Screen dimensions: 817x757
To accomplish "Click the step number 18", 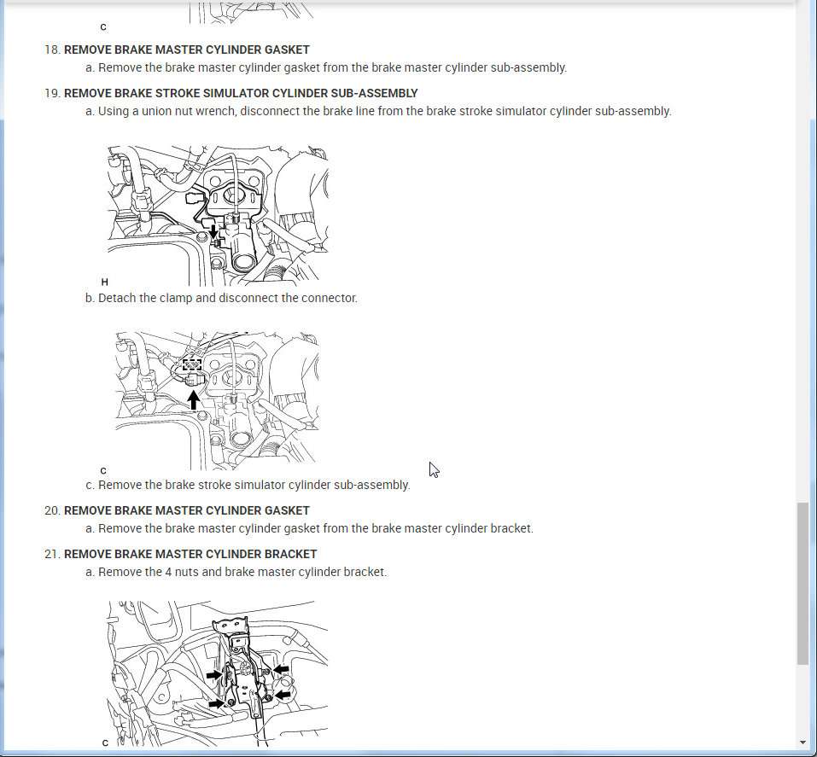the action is (x=52, y=50).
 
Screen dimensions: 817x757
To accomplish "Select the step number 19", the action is (x=52, y=94).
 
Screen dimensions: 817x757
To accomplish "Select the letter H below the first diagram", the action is (x=104, y=282).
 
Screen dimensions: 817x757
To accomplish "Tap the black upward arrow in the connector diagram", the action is (x=193, y=400).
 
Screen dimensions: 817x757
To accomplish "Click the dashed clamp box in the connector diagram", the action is (x=192, y=364).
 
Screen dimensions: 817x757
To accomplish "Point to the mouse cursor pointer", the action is (x=434, y=469).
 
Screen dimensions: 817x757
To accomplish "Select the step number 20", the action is (x=52, y=510).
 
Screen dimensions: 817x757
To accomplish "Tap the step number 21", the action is (x=52, y=555).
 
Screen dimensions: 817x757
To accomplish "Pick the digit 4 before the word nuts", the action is (x=168, y=572).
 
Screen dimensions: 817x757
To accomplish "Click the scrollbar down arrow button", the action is (x=803, y=742).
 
